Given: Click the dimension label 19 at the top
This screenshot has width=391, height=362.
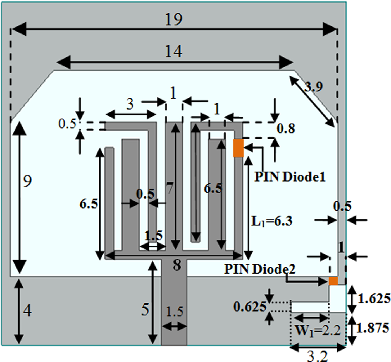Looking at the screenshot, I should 173,20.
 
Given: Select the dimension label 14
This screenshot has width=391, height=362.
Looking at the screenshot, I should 173,52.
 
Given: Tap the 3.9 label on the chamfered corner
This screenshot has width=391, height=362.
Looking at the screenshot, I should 313,87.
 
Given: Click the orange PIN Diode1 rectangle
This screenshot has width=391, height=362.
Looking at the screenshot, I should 239,148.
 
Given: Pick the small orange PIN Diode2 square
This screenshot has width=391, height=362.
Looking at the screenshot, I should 333,281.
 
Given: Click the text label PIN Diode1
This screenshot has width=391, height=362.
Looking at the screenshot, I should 290,177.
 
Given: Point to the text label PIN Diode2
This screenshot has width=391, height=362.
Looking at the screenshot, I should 260,269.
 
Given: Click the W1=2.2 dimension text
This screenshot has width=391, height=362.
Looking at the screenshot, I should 318,331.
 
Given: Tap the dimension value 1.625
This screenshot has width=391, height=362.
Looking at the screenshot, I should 374,299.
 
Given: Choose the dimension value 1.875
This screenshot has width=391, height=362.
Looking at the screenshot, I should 373,328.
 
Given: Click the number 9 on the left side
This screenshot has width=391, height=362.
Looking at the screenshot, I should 27,182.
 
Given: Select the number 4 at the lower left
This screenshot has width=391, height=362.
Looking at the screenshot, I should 27,310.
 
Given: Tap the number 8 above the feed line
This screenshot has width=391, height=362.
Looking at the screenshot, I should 177,265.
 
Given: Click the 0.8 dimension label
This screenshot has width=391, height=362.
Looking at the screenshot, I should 286,129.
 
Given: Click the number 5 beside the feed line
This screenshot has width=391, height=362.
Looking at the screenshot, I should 145,310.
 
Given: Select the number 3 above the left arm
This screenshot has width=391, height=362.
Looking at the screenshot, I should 130,105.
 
